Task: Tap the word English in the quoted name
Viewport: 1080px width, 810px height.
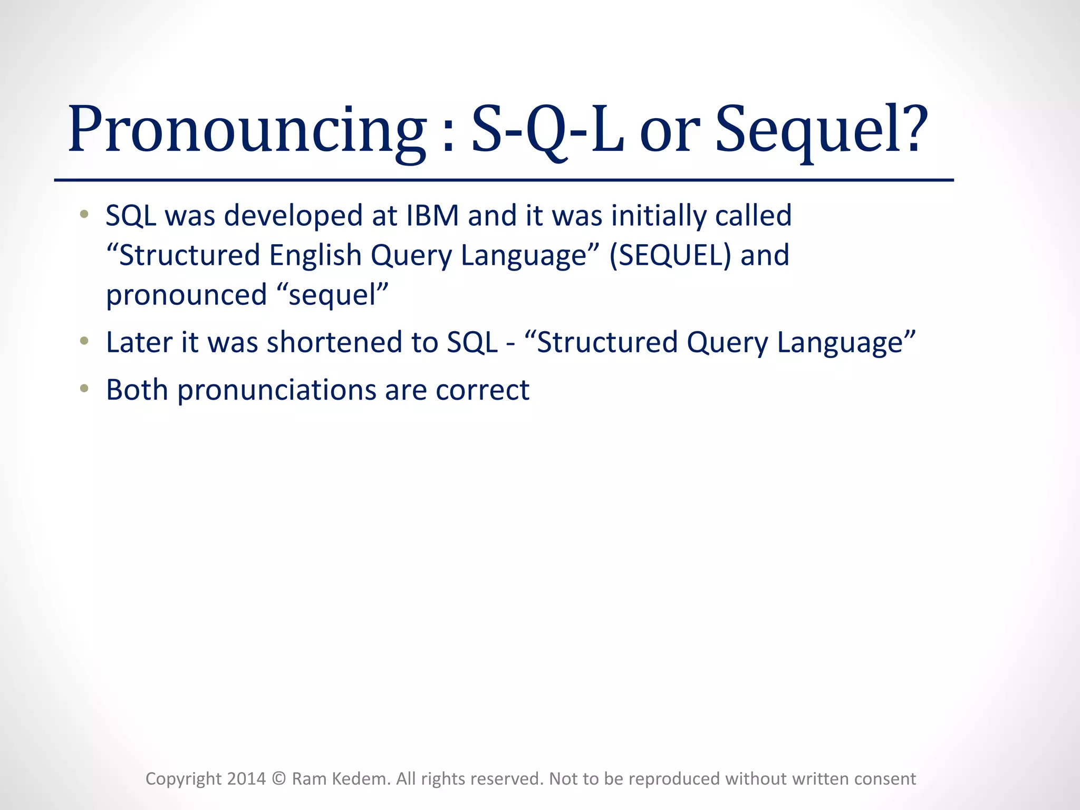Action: click(x=315, y=255)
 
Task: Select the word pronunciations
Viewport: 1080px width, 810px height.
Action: click(x=276, y=391)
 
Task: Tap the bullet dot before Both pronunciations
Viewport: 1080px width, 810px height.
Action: click(x=84, y=389)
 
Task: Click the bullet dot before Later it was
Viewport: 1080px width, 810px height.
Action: click(x=84, y=342)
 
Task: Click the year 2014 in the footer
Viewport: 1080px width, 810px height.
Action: click(x=246, y=779)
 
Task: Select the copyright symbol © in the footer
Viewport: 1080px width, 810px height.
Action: click(x=279, y=779)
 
